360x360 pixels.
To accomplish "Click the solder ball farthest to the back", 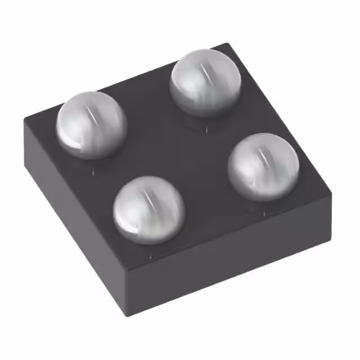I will [206, 82].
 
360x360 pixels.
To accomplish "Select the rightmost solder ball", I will [264, 167].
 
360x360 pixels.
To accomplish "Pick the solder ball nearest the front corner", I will [149, 209].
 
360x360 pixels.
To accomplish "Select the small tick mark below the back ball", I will [206, 130].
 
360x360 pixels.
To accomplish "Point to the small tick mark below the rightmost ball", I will [264, 213].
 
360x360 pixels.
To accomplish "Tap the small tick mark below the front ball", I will [150, 255].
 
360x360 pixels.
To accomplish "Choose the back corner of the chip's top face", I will [228, 44].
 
